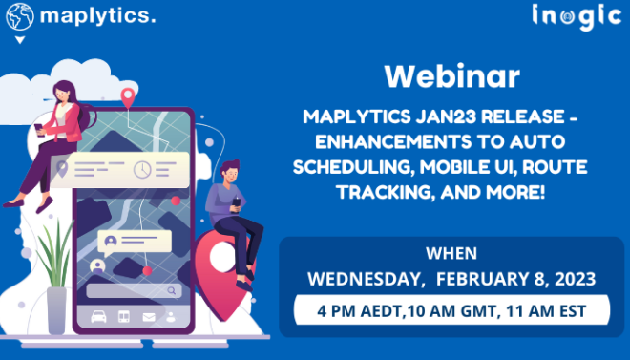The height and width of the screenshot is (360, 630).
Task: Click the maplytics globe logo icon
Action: [x=19, y=15]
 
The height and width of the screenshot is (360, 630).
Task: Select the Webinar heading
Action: [x=451, y=76]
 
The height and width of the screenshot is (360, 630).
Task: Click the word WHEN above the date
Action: [x=451, y=255]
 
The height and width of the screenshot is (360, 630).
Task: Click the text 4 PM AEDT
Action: [x=351, y=310]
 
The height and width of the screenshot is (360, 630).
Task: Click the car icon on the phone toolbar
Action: [x=97, y=316]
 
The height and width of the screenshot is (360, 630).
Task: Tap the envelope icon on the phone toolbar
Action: [x=148, y=316]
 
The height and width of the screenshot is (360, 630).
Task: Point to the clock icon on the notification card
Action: [x=142, y=170]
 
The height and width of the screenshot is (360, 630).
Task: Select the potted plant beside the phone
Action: [x=54, y=277]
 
